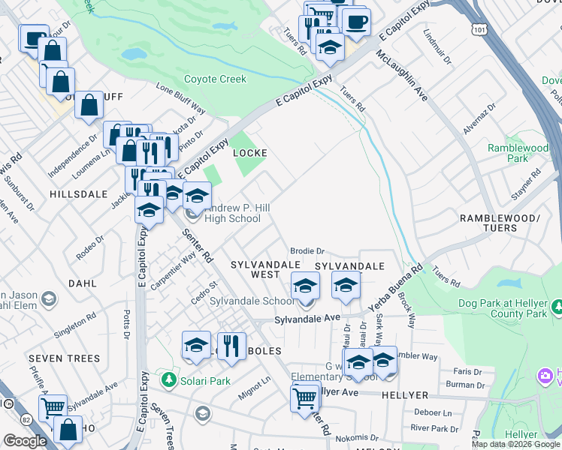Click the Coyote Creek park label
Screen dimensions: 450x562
point(216,79)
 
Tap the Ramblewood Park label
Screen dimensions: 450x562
point(518,154)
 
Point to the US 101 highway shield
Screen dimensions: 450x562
point(479,28)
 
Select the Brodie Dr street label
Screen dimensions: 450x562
point(307,251)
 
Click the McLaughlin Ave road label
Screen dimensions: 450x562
point(403,76)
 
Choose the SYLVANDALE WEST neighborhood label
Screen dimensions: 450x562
point(255,270)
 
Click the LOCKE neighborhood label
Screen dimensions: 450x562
point(250,153)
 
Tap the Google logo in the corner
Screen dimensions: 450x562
point(25,441)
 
